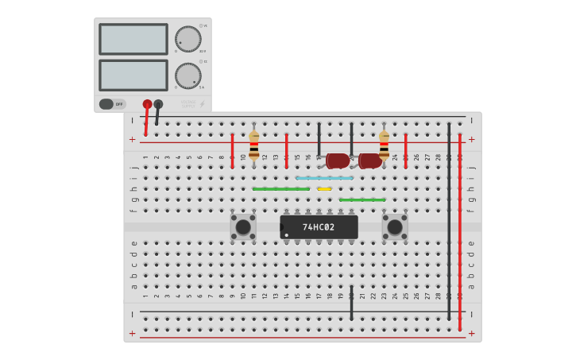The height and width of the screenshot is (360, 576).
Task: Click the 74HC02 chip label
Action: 319,227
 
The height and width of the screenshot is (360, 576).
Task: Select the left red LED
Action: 337,161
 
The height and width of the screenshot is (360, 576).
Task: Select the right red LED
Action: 369,161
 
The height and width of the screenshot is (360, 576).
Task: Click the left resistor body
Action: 254,146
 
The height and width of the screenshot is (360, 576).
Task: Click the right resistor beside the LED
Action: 384,145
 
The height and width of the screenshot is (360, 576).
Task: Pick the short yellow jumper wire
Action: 324,189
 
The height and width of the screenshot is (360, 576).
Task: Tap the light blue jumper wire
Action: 324,178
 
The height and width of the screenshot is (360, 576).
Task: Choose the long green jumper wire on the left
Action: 280,189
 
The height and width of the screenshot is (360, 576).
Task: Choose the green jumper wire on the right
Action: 362,199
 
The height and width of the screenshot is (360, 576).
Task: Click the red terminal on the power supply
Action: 147,104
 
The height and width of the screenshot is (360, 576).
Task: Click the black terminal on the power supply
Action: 158,104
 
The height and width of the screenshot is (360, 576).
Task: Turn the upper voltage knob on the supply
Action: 187,39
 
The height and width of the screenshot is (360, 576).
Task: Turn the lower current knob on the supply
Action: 187,75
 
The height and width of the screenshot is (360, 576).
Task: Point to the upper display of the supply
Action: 133,39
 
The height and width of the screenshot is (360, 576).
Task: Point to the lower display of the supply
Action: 133,75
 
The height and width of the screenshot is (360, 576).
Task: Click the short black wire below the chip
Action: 351,303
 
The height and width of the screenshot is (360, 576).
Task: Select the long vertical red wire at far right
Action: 459,230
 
